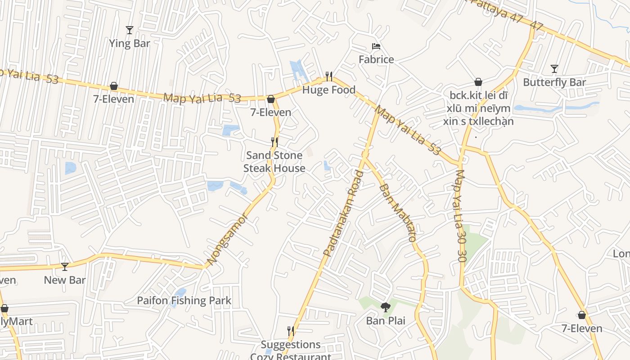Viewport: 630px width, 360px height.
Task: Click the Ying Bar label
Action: (130, 44)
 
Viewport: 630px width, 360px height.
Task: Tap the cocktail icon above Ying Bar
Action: (130, 30)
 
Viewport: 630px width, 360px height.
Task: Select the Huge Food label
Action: (329, 90)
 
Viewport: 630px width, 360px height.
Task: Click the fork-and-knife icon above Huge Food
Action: (329, 76)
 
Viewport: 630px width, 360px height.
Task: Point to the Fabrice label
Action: (376, 59)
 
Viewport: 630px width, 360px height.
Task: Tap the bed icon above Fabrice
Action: (376, 46)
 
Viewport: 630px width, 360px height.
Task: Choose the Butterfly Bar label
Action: (554, 82)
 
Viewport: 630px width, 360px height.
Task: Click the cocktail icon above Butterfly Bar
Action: (554, 69)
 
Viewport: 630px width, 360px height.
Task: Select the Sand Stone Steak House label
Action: (274, 162)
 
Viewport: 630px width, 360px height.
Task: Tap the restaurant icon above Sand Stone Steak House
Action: (274, 142)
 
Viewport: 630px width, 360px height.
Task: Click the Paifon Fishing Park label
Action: (184, 301)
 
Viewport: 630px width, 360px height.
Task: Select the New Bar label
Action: (65, 280)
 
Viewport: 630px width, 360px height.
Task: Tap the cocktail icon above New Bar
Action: (65, 267)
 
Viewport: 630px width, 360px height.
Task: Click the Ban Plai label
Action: (386, 321)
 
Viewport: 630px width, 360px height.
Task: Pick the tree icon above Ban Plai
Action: (386, 308)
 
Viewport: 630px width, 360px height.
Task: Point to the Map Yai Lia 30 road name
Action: (460, 216)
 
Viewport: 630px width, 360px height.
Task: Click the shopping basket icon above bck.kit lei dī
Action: (478, 82)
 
